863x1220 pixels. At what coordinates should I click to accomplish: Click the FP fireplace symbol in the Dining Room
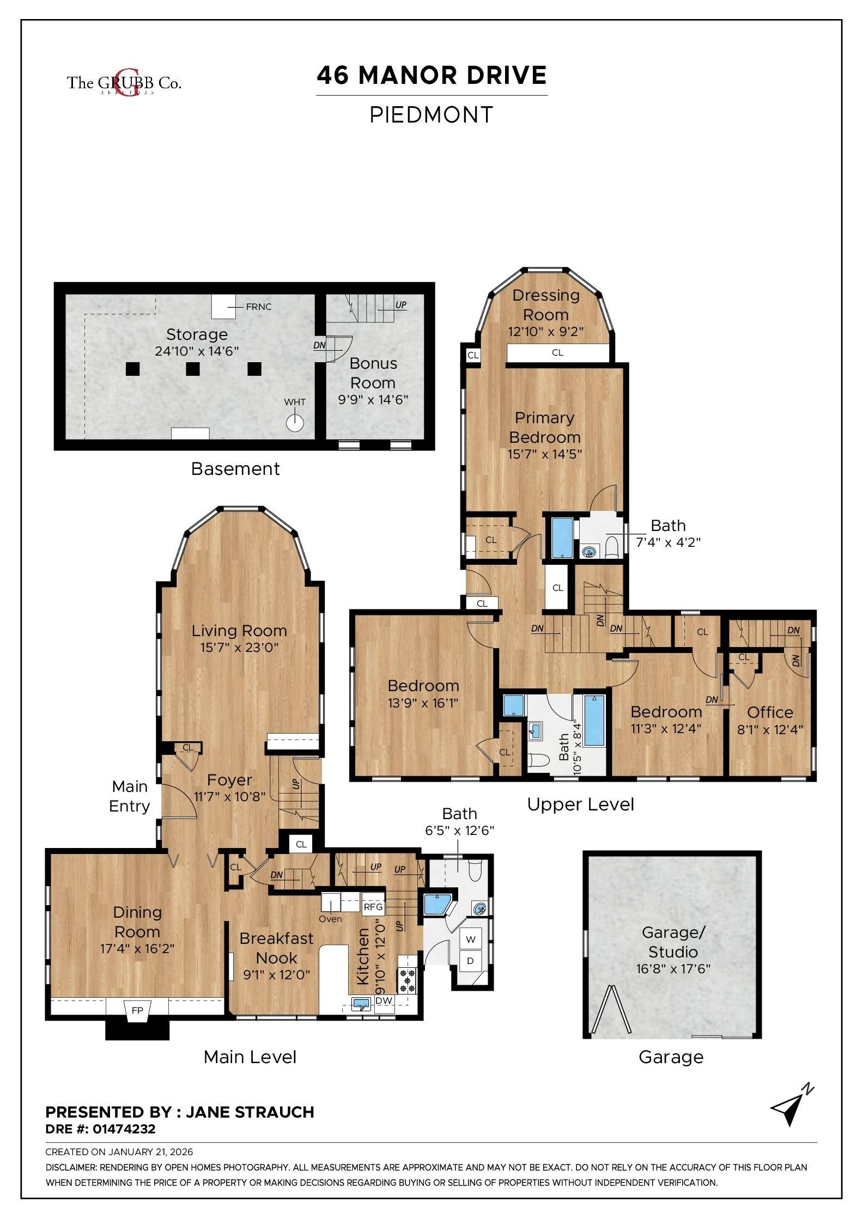click(x=137, y=1010)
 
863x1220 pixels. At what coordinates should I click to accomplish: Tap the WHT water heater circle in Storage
click(x=295, y=423)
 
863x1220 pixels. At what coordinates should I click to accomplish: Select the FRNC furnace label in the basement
click(x=258, y=307)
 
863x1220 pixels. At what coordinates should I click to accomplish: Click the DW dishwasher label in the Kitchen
click(x=384, y=1001)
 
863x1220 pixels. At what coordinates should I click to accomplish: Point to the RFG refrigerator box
click(x=373, y=907)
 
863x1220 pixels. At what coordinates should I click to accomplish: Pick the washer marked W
click(x=471, y=940)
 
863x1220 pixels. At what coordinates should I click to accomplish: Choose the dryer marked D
click(x=470, y=961)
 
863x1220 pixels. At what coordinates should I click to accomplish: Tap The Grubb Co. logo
click(x=124, y=83)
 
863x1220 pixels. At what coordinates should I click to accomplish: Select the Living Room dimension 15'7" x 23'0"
click(x=239, y=648)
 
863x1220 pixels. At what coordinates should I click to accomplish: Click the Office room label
click(x=770, y=712)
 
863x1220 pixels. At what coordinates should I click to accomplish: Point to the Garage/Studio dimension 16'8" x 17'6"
click(x=673, y=969)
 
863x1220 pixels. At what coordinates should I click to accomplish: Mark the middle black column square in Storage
click(x=192, y=369)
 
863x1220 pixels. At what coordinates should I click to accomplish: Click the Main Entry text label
click(x=130, y=796)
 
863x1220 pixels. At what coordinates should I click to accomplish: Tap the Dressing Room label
click(x=545, y=304)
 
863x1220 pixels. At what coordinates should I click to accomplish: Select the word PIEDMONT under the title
click(x=432, y=115)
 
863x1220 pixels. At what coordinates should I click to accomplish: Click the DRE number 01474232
click(x=124, y=1129)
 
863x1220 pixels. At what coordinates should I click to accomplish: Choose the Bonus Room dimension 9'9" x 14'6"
click(x=373, y=400)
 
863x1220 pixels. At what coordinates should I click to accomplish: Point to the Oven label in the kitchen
click(x=330, y=919)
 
